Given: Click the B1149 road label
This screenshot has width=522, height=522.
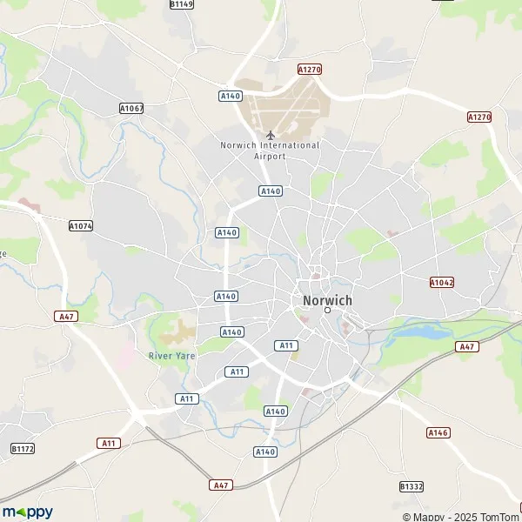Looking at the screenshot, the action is coord(182,4).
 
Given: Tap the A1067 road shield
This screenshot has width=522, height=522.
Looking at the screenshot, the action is coord(131,108).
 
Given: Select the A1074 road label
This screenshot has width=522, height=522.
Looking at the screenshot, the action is coord(81,225).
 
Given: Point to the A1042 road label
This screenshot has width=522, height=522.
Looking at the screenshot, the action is coord(442,283).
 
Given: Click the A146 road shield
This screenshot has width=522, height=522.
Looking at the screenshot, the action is coord(438,432).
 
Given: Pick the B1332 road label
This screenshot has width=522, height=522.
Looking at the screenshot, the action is coord(411,486).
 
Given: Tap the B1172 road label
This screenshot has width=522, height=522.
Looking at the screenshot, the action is coord(23,448).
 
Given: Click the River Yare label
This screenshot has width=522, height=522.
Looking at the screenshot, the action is coord(171,355).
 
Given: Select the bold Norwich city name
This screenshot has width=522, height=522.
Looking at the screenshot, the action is coord(328,300).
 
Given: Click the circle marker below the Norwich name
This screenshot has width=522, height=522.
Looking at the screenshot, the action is coord(328,310).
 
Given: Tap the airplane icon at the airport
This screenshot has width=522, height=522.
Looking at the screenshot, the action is coord(271,135).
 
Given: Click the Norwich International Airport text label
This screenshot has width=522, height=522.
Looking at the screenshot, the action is coord(270,151).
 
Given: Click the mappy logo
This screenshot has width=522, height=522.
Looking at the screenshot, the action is coord(27,512).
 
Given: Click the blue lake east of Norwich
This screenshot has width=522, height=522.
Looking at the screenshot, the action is coord(426,331).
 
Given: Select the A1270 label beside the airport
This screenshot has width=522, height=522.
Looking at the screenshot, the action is coord(310,69).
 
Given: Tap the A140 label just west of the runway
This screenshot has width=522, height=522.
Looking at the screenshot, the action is coord(231,96).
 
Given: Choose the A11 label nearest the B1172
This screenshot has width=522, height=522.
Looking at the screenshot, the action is coord(109,443).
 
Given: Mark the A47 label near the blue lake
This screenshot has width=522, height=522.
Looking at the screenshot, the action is coord(467,346).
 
